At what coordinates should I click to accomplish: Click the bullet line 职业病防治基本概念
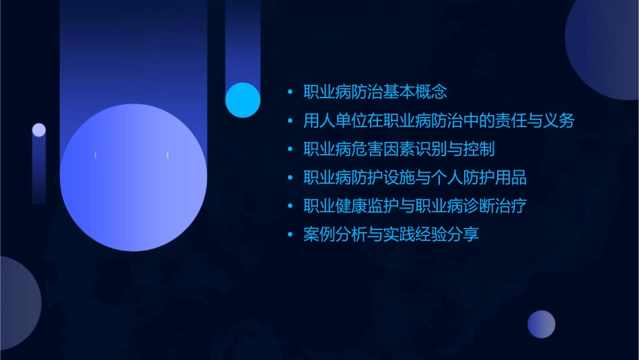(375, 92)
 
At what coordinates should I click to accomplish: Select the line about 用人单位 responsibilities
(439, 121)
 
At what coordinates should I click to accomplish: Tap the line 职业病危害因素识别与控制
(399, 149)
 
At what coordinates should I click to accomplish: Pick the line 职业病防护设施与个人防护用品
(415, 178)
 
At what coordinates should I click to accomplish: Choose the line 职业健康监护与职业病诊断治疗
(415, 206)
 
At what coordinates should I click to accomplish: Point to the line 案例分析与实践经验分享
(391, 235)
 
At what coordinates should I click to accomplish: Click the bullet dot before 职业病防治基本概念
(290, 92)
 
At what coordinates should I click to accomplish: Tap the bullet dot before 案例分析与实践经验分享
(290, 235)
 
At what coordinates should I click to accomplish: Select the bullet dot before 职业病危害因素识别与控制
(290, 149)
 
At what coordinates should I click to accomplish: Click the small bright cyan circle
(243, 100)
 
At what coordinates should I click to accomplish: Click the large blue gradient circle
(133, 177)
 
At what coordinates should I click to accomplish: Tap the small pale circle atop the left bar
(39, 130)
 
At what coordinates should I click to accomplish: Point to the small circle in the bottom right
(541, 324)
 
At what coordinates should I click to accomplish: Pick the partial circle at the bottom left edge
(16, 303)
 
